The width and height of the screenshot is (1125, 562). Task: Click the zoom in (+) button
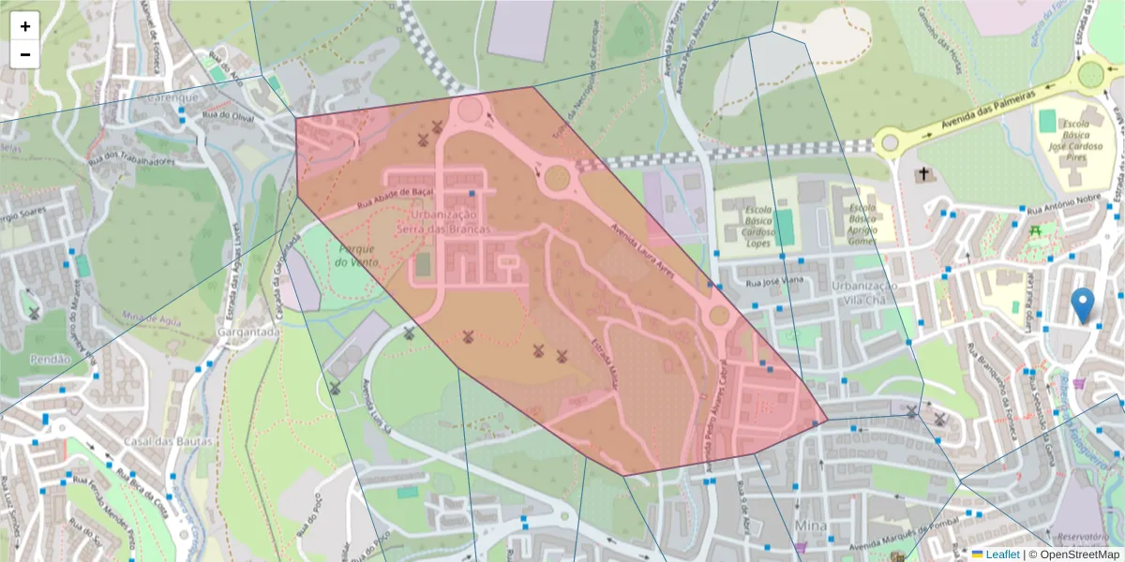coord(25,26)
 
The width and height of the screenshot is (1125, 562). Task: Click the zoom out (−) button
coord(25,54)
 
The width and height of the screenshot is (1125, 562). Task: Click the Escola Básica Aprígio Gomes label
coord(862,223)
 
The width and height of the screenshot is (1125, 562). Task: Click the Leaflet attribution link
coord(1002,555)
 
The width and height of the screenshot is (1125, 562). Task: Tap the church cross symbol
coord(924,174)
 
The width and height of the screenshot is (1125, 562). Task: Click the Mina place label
coord(810,525)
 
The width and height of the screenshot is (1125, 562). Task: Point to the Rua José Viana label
coord(774,280)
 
